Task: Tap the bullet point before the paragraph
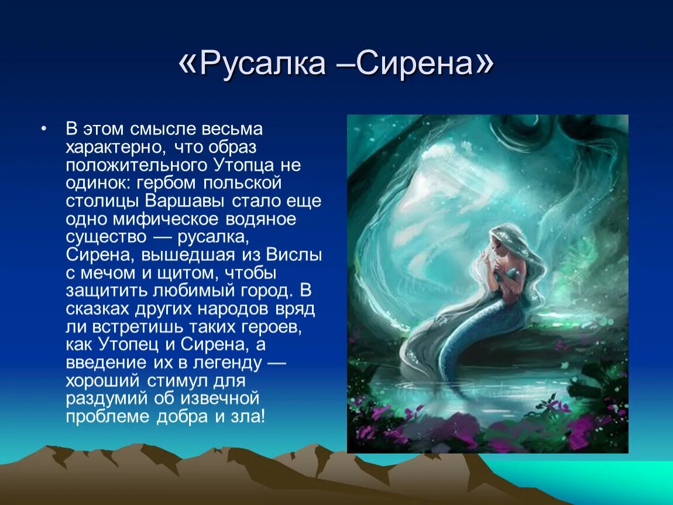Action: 44,129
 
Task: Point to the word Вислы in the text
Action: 294,255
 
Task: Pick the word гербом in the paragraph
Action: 167,184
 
